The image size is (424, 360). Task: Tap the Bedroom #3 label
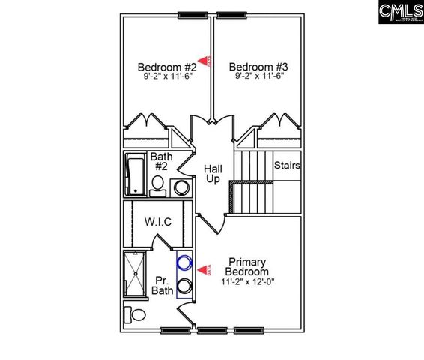coord(253,65)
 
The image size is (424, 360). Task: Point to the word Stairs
coord(287,165)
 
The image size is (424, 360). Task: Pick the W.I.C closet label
coord(157,222)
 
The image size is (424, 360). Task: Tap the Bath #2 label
coord(160,162)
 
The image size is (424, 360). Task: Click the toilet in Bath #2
coord(158,185)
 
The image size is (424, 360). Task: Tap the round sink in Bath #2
coord(181,187)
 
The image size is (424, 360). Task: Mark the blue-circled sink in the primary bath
coord(184,264)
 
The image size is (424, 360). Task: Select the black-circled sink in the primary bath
coord(184,285)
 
